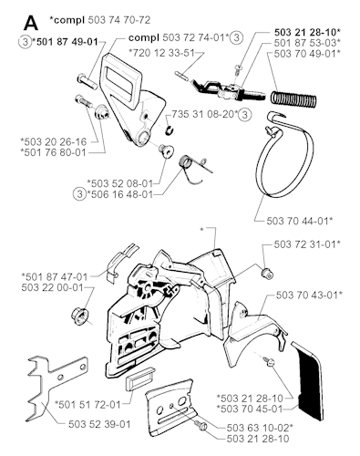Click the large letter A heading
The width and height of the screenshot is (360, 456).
(31, 23)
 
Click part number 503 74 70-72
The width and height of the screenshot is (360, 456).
(119, 20)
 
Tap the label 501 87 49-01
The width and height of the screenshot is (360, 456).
(67, 41)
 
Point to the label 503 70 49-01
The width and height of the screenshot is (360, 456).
(307, 54)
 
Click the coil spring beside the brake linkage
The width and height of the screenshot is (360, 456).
(293, 98)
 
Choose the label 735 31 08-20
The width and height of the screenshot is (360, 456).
(204, 115)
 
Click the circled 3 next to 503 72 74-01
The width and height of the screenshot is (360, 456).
(236, 37)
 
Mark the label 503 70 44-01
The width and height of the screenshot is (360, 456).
(300, 221)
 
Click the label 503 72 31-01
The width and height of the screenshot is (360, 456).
(307, 244)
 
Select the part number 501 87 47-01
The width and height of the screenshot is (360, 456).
(55, 277)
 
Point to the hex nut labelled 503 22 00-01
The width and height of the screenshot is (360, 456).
(79, 316)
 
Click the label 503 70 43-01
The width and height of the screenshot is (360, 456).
(309, 295)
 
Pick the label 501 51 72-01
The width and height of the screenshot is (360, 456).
(87, 404)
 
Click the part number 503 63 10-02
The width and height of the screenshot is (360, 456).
(260, 428)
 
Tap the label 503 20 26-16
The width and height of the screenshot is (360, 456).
(54, 141)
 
